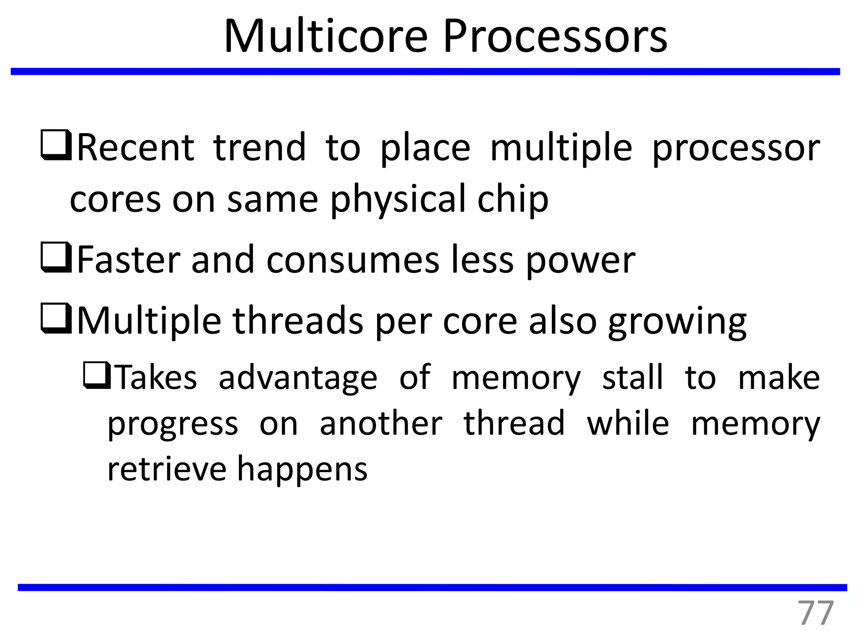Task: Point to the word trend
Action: click(x=260, y=147)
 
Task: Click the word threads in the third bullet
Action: click(x=298, y=321)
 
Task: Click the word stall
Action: click(x=633, y=378)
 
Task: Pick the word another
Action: click(x=381, y=424)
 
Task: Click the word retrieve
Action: click(x=167, y=469)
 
